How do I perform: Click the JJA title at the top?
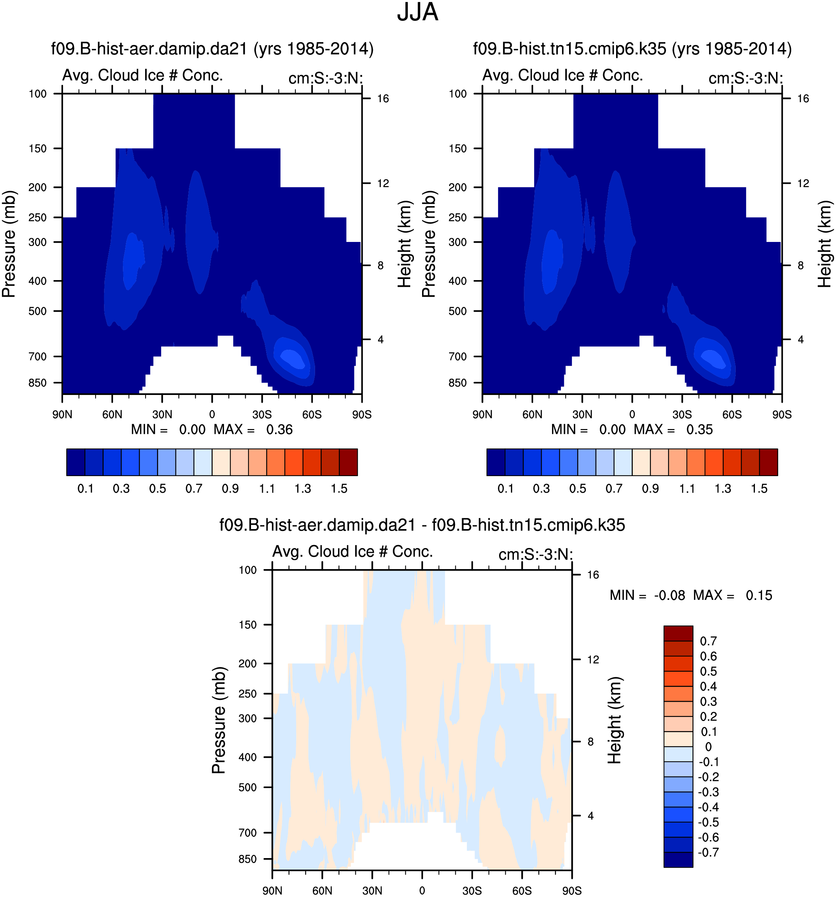point(417,13)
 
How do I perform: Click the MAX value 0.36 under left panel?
point(279,429)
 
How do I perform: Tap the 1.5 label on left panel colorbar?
point(339,489)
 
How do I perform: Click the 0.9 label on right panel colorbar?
point(650,489)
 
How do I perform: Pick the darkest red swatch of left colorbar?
point(348,462)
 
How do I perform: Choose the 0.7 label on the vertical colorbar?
point(708,641)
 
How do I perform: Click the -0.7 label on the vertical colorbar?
point(708,852)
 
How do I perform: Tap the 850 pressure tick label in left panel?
point(37,383)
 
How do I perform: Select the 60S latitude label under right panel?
point(732,414)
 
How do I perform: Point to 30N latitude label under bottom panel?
point(372,891)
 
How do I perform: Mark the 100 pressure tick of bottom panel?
point(248,570)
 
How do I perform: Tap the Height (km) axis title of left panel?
point(404,244)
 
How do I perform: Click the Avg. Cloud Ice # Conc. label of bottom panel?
point(352,551)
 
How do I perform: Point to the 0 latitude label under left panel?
point(212,414)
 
